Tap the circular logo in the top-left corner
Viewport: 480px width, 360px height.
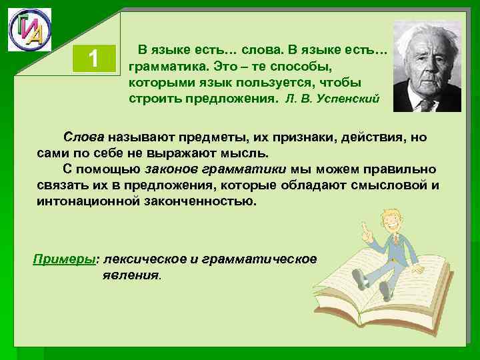(x=29, y=30)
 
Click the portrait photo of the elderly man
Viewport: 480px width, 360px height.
(x=427, y=66)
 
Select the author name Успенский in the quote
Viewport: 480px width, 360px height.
(x=350, y=99)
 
